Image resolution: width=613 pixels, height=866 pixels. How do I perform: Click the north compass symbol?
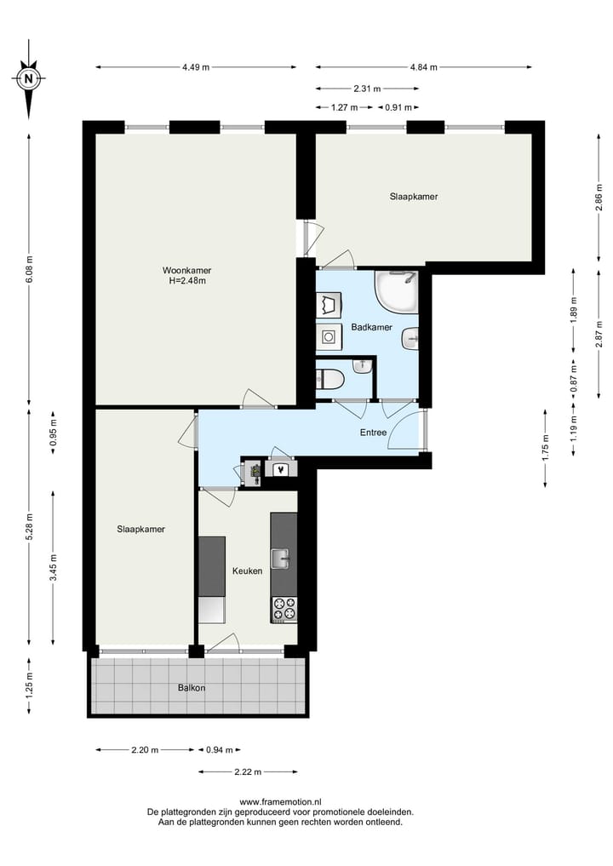click(29, 79)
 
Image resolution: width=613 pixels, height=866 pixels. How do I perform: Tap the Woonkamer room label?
click(186, 271)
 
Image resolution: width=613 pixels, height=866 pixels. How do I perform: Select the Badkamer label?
click(371, 327)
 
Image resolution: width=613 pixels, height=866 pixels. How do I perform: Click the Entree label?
click(374, 433)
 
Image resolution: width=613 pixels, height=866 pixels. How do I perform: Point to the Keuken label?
click(247, 571)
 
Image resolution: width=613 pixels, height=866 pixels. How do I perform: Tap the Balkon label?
click(192, 687)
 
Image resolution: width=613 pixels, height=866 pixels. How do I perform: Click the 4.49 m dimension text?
click(196, 67)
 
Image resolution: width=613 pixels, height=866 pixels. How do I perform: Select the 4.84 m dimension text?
click(423, 67)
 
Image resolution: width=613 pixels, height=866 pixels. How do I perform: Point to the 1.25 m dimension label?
click(29, 686)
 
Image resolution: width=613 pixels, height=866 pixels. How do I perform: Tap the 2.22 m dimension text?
click(248, 771)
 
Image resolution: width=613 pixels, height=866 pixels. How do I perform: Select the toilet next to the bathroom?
click(329, 378)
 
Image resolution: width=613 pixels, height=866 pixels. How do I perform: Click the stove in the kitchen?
click(284, 609)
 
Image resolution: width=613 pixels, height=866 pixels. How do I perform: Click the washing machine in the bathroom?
click(329, 337)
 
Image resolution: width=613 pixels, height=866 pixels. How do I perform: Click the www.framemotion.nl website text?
click(280, 802)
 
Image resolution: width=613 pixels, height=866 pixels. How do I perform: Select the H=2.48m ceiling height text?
click(187, 281)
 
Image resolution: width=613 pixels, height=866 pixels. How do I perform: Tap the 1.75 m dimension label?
click(546, 446)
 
